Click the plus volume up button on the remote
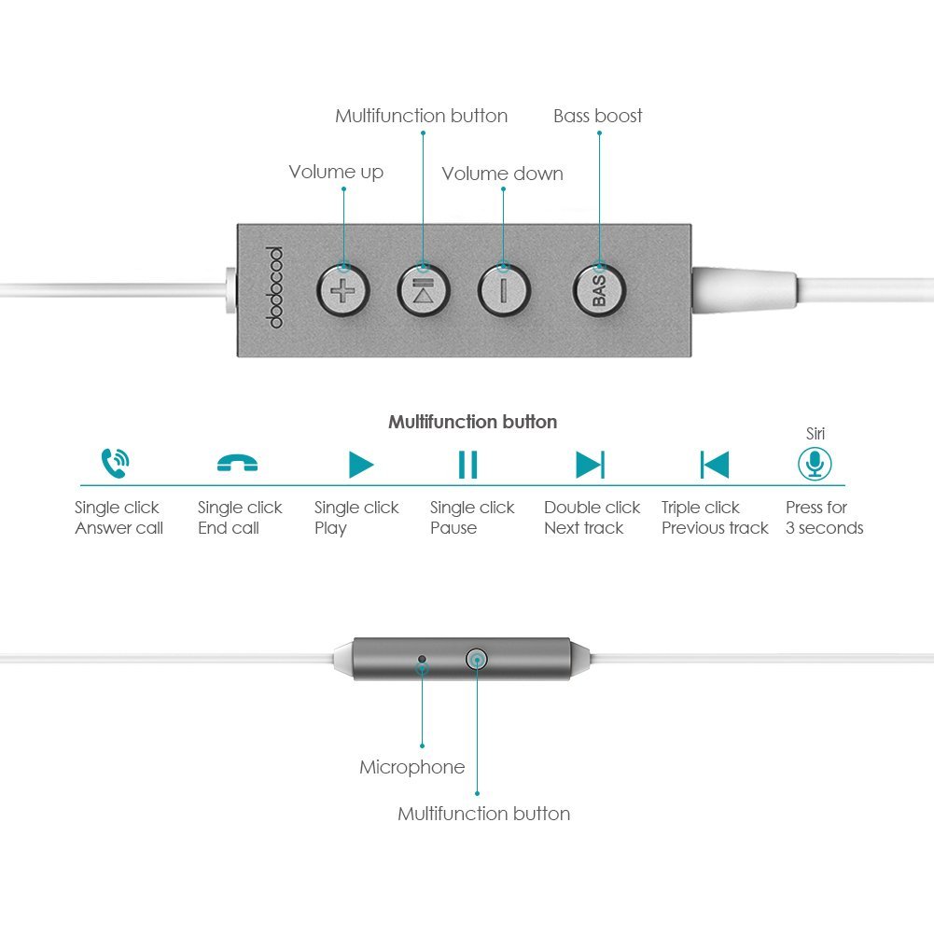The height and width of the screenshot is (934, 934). tap(343, 291)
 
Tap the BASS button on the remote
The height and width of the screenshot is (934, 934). tap(599, 291)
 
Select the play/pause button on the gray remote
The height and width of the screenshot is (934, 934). tap(424, 291)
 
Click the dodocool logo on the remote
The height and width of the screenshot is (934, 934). tap(273, 287)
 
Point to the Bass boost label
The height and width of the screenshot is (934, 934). tap(597, 116)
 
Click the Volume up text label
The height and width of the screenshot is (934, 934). tap(336, 172)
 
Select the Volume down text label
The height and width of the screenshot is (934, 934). tap(502, 174)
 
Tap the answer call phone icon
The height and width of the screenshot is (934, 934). tap(115, 463)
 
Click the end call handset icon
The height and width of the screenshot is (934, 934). tap(237, 463)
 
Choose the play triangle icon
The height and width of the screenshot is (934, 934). tap(360, 465)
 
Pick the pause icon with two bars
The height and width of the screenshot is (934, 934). tap(467, 465)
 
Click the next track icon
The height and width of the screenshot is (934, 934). tap(591, 465)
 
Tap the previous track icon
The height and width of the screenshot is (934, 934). tap(715, 465)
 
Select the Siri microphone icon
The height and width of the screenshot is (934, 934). tap(815, 464)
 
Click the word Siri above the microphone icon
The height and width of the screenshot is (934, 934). tap(816, 434)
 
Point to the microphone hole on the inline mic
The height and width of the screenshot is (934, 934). tap(422, 660)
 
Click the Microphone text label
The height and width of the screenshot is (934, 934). tap(412, 767)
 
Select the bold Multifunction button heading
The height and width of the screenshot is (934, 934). tap(473, 422)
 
